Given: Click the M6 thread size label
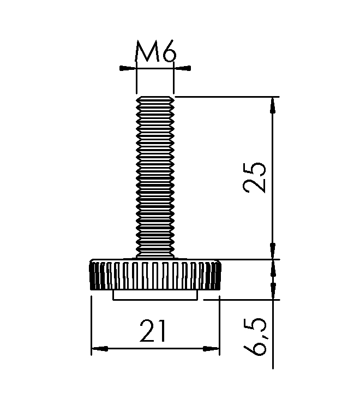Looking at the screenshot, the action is [156, 51].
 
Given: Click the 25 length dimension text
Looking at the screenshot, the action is [254, 177].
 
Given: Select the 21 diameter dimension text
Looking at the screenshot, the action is [153, 331].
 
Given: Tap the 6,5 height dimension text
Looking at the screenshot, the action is [254, 336].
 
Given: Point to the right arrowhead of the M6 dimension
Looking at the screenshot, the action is [182, 68].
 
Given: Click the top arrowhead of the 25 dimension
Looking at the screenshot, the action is [273, 105].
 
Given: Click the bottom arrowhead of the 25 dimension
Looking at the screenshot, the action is [273, 251].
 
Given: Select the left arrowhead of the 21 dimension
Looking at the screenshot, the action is [100, 348].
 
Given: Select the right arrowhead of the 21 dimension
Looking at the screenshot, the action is [211, 348].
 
